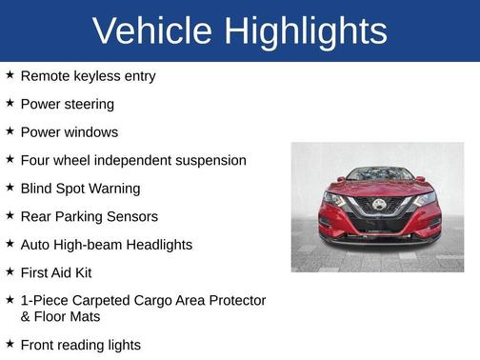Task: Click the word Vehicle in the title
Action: [151, 31]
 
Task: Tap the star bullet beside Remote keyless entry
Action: [10, 74]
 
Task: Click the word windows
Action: [91, 131]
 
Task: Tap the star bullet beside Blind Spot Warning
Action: [10, 188]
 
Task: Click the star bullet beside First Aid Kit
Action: [10, 271]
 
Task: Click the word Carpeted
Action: [98, 301]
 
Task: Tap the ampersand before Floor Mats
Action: [26, 316]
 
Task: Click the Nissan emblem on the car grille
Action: [378, 205]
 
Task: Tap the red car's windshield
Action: [378, 174]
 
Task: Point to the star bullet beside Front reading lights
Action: [10, 344]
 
